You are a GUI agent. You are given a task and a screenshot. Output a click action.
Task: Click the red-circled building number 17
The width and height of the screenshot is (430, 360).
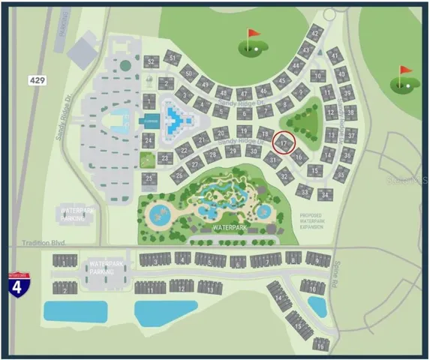click(284, 142)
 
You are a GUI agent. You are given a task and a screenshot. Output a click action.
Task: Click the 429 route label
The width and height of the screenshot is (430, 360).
click(38, 78)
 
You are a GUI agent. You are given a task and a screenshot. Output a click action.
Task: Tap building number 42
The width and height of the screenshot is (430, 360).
click(315, 34)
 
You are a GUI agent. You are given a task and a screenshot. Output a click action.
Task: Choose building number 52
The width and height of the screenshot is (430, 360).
click(152, 61)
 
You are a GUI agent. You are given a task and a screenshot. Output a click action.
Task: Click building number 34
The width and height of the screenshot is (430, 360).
click(324, 194)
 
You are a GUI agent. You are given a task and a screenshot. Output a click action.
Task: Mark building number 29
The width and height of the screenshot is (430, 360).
click(233, 150)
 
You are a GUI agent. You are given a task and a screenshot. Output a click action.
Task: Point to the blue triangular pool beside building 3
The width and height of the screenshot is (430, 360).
click(175, 117)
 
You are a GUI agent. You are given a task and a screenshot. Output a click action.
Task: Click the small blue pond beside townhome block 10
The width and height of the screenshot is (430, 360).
click(317, 306)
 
